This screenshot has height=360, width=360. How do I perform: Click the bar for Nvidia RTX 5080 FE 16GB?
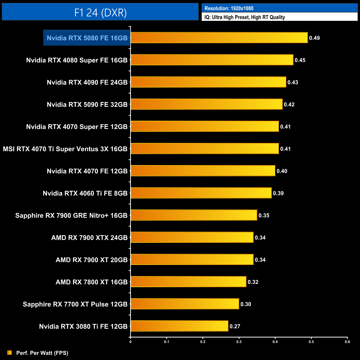point(219,38)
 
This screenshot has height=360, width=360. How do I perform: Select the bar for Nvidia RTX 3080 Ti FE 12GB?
point(179,326)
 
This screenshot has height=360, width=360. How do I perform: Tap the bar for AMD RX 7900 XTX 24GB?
point(192,237)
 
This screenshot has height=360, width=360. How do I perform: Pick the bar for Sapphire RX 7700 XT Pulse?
point(185,304)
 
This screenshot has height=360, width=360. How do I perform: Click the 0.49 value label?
point(314,38)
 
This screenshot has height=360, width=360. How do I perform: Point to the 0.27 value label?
point(235,326)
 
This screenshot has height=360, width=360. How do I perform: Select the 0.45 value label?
point(300,60)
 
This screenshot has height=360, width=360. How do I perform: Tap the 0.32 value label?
point(253,282)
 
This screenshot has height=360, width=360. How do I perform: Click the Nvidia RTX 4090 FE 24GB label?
point(87,82)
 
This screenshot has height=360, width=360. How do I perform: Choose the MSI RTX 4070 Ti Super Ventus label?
point(65,149)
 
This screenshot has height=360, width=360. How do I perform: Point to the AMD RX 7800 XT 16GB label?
point(91,282)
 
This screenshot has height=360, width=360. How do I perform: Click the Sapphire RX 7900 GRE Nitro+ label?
point(71,215)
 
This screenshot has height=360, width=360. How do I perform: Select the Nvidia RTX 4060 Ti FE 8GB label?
point(85,193)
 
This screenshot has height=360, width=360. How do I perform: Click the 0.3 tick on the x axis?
point(239,342)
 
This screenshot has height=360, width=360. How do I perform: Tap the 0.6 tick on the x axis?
point(347,342)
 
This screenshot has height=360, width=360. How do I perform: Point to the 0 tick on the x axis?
point(130,342)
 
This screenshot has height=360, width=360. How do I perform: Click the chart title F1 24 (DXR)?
point(100,12)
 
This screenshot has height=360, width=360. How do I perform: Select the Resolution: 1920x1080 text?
point(229,8)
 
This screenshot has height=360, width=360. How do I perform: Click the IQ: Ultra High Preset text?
point(245,17)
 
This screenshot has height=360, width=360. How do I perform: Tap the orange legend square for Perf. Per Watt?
point(10,353)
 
